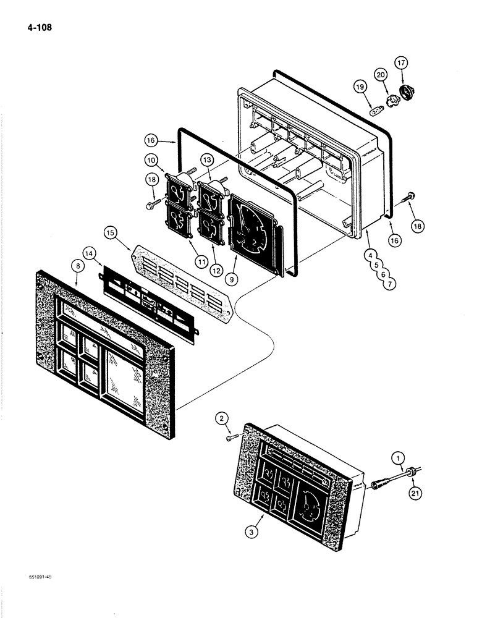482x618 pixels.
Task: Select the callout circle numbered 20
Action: [381, 75]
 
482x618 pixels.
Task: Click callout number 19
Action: [360, 88]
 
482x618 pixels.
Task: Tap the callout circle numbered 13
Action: [206, 160]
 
